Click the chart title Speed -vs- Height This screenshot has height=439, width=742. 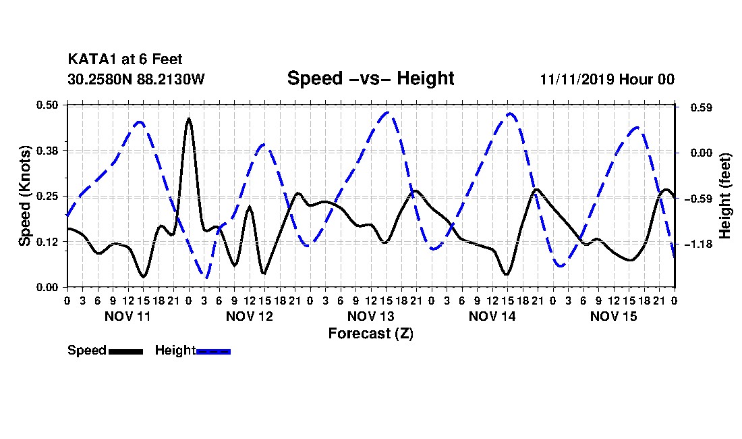[x=370, y=78]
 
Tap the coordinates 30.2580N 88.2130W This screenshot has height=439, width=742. [x=136, y=79]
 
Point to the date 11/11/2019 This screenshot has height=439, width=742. [x=576, y=79]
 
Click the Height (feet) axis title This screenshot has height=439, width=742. [x=725, y=196]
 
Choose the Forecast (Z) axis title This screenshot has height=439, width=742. [x=370, y=334]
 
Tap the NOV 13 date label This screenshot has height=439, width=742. [x=370, y=316]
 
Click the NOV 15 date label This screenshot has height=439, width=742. [x=613, y=316]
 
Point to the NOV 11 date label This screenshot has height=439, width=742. [x=127, y=316]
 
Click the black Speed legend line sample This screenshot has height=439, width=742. [x=126, y=351]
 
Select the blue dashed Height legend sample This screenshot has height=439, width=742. [x=213, y=351]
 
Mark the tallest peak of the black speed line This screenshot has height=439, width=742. [x=189, y=118]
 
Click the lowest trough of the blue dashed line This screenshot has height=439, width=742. [x=205, y=276]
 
